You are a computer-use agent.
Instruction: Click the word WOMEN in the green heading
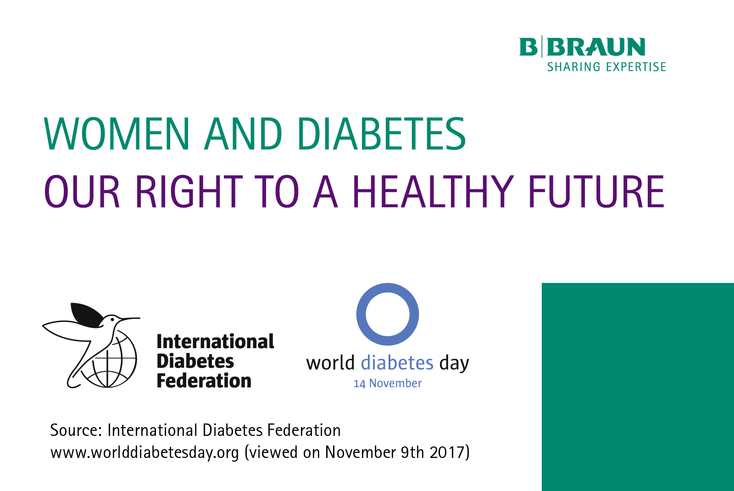pos(117,134)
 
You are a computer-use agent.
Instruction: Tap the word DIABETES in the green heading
pos(381,134)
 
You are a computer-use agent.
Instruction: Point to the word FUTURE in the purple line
pos(597,192)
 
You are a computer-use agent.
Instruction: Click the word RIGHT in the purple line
pos(189,192)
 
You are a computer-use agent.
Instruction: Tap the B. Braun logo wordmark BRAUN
pos(596,47)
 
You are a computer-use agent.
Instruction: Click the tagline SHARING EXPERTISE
pos(606,67)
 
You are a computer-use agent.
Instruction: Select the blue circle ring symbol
pos(388,286)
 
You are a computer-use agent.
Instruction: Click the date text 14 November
pos(387,384)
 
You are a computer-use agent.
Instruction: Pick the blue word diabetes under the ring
pos(397,363)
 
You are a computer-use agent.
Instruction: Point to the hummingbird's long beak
pos(129,318)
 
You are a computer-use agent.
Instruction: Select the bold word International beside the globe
pos(215,342)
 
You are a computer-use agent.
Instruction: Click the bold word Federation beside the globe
pos(204,381)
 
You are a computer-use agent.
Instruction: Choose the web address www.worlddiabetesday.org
pos(145,452)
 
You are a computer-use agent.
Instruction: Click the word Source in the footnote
pos(76,430)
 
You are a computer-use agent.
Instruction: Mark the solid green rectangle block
pos(638,387)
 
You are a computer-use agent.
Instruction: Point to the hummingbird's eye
pos(112,319)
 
